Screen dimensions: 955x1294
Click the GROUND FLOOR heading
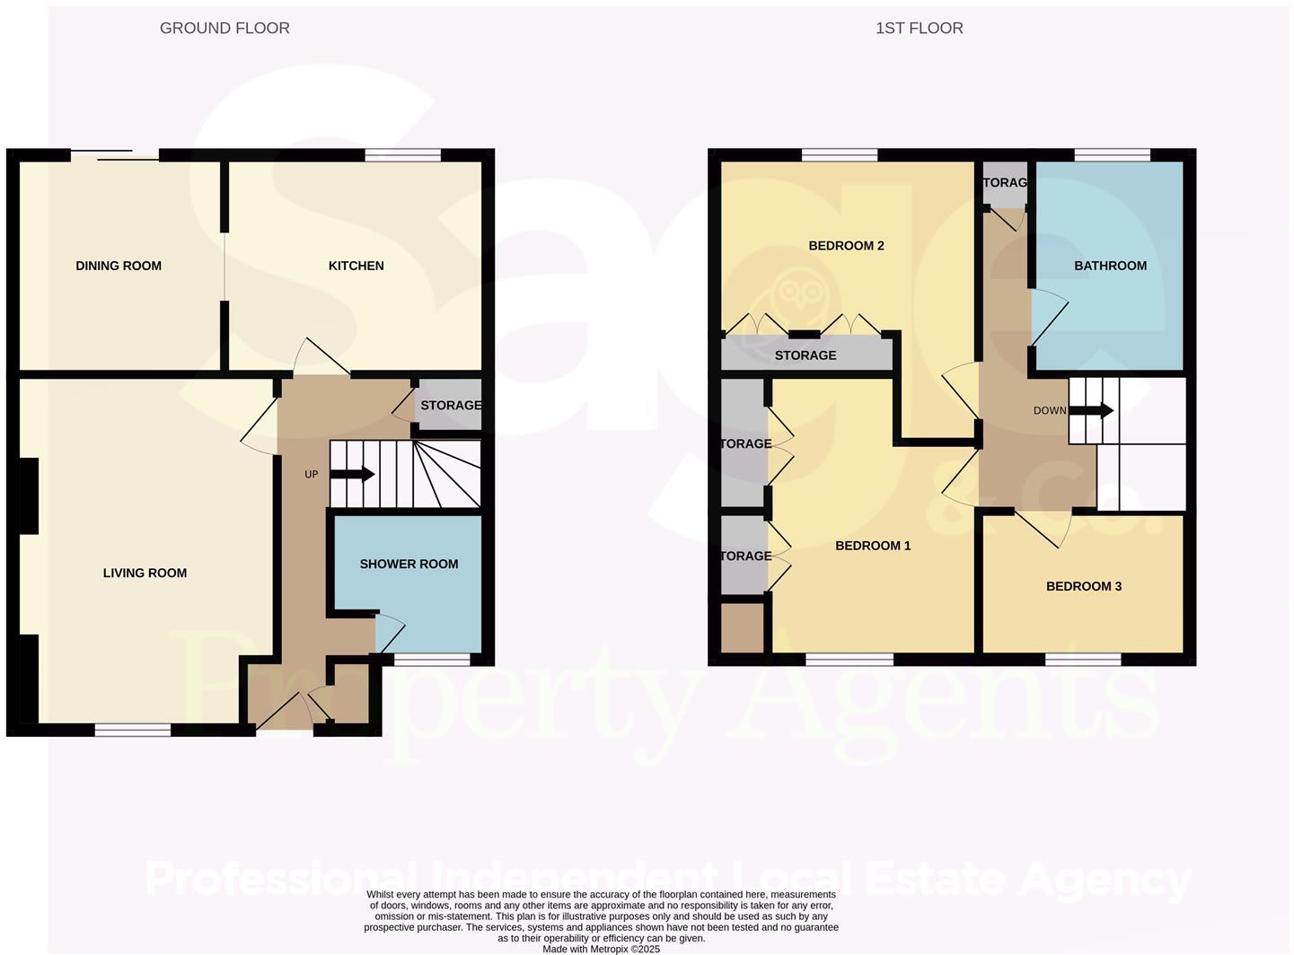(x=224, y=28)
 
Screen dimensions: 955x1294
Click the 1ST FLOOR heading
(x=919, y=28)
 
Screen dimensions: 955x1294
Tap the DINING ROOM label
(x=119, y=266)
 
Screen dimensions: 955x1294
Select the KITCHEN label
(x=357, y=266)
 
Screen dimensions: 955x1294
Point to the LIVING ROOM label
(x=145, y=573)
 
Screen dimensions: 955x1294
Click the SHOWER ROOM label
(x=409, y=564)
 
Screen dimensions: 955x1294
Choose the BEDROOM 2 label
(x=846, y=246)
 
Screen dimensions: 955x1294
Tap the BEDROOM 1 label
(x=873, y=546)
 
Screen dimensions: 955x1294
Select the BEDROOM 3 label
(x=1083, y=586)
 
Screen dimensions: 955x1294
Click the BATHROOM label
(x=1110, y=266)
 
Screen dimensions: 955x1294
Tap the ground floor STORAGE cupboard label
(x=451, y=406)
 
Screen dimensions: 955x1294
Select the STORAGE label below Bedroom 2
(x=805, y=355)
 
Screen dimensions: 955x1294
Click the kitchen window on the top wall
(x=402, y=155)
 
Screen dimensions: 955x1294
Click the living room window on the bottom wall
(x=133, y=731)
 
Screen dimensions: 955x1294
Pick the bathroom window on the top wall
(x=1112, y=155)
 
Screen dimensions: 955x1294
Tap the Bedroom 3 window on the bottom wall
(x=1083, y=660)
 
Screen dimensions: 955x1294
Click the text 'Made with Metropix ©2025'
(x=601, y=949)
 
